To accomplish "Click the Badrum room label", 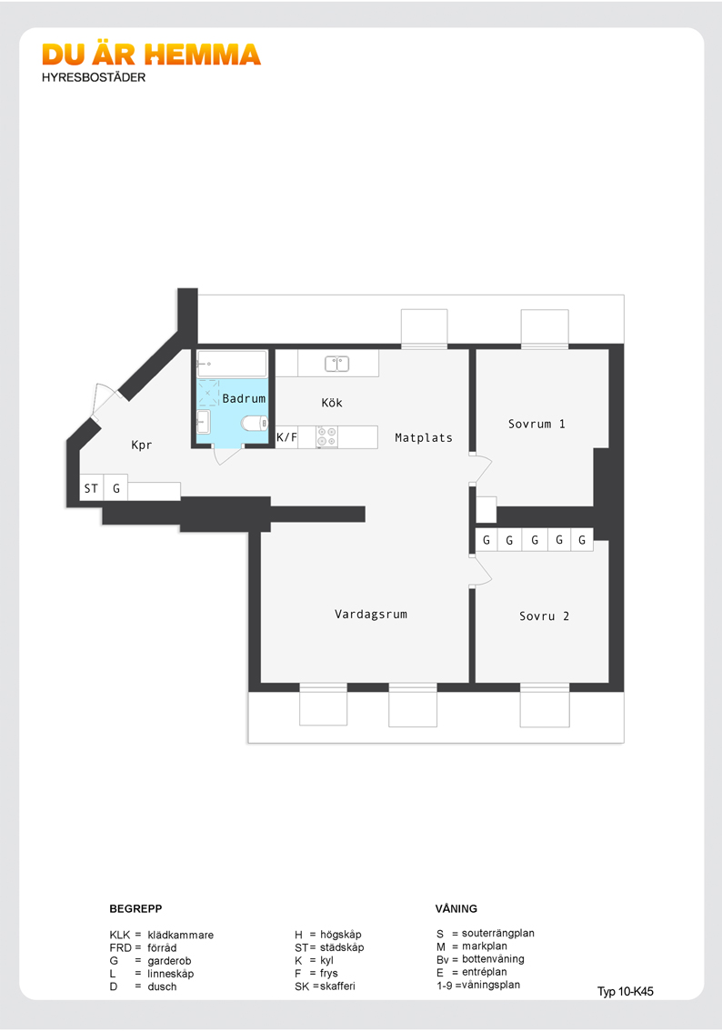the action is (x=244, y=398).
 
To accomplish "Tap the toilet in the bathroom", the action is (x=255, y=423).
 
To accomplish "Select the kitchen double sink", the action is (x=336, y=363).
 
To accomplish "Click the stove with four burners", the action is (x=326, y=437).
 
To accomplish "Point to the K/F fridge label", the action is (x=286, y=436).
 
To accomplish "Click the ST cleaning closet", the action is (x=92, y=488).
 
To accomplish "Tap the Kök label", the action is (x=332, y=403).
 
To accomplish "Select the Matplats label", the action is (x=424, y=437).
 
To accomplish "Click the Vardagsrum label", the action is (x=371, y=614).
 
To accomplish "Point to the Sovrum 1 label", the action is (x=536, y=424).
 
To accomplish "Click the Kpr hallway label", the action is (x=141, y=445).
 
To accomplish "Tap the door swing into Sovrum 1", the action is (x=482, y=468).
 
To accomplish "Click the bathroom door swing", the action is (x=227, y=455).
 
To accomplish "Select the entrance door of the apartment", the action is (x=104, y=400).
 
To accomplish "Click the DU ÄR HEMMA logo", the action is (x=151, y=55).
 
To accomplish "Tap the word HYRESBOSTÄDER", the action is (x=94, y=77).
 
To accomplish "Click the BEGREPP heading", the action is (x=135, y=908).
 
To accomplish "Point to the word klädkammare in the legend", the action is (x=180, y=935).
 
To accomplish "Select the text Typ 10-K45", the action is (x=626, y=992).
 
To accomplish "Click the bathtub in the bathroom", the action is (x=232, y=363).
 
